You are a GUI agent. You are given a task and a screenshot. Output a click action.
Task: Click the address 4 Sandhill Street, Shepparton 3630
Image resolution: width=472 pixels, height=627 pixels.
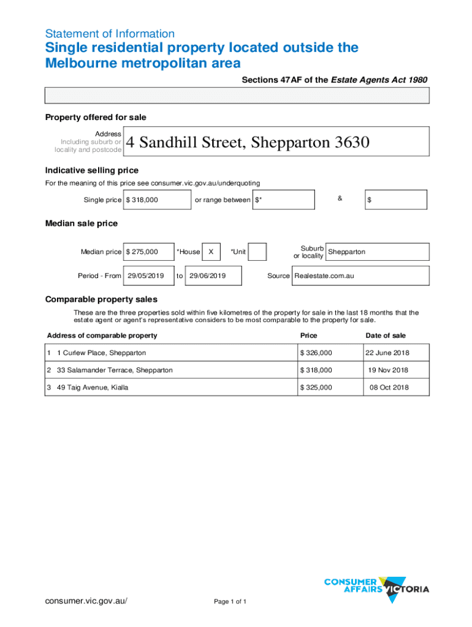pos(248,143)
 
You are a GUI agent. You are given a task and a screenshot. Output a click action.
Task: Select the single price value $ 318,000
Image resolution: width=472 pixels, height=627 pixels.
pos(147,200)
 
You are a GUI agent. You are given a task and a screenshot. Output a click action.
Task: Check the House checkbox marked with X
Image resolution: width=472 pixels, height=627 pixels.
pos(211,252)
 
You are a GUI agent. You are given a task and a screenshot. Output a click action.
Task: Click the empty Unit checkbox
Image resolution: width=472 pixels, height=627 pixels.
pos(257,252)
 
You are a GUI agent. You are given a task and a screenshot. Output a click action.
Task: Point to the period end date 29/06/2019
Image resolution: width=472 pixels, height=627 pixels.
pos(207,276)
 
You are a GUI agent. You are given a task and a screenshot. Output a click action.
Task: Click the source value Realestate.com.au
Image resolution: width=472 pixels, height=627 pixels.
pos(324,276)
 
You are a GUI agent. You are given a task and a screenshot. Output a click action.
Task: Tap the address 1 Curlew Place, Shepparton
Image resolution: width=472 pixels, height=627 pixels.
pos(101,353)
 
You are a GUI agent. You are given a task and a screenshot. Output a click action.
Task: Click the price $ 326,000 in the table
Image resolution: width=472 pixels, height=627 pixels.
pos(316,353)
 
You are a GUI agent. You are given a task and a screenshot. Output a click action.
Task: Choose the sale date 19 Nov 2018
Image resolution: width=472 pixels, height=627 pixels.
pos(388,370)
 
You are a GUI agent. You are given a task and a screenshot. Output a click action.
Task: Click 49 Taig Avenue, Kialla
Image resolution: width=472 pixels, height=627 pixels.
pos(93,388)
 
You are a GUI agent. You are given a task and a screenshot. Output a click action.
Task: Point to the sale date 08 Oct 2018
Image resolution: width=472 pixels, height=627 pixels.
pos(389,388)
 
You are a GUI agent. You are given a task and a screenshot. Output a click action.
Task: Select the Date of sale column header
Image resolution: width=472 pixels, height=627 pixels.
pos(386,336)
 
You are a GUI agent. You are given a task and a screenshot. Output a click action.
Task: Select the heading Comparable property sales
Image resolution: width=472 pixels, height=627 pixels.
pos(101,299)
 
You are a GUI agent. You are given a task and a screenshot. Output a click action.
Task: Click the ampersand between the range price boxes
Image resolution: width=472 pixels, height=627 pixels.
pos(340,198)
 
